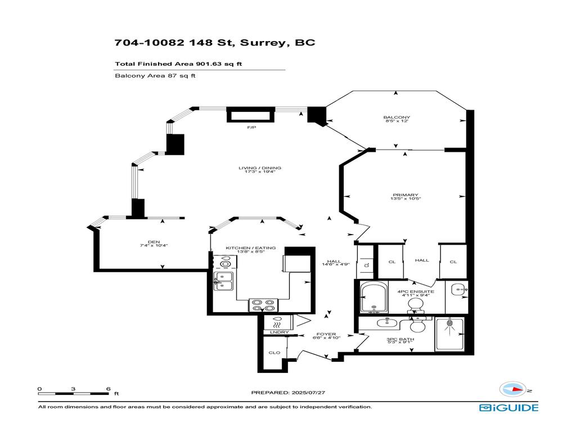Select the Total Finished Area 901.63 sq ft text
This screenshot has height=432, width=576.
point(178,64)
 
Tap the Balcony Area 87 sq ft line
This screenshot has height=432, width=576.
point(155,76)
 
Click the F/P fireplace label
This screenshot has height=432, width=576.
point(251,128)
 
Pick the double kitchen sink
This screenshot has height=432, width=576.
point(223,281)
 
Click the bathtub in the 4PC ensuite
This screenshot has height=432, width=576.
point(373,298)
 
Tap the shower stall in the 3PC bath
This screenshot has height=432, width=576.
point(449,334)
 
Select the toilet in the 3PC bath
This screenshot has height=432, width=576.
point(418,326)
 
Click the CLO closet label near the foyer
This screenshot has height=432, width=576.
point(274,353)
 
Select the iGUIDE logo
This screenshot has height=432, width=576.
point(508,408)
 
